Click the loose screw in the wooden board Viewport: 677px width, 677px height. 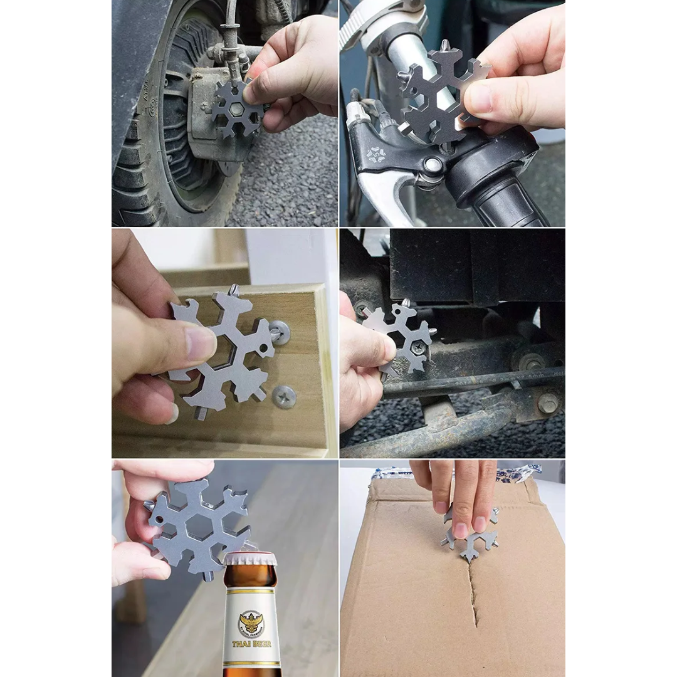click(x=284, y=396)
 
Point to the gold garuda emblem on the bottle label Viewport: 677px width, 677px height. click(x=251, y=623)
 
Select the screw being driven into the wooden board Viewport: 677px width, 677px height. click(x=279, y=330)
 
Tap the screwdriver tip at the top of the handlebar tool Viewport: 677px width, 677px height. click(x=444, y=46)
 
